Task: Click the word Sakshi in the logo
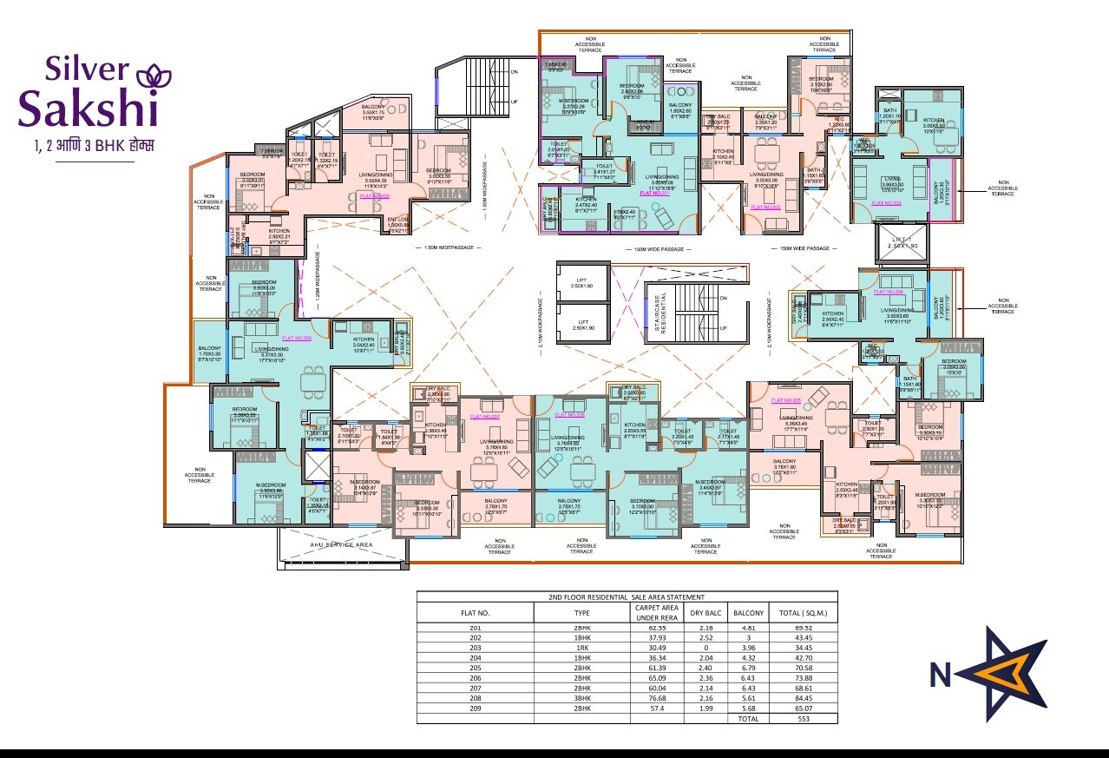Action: point(88,109)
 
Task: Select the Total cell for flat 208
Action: point(803,696)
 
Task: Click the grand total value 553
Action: point(803,719)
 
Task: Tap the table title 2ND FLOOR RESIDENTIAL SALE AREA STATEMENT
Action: point(627,597)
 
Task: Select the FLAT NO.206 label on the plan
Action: point(296,337)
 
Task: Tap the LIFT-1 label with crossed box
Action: point(902,243)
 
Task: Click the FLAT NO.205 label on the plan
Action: point(785,400)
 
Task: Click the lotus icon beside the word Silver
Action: point(154,74)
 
